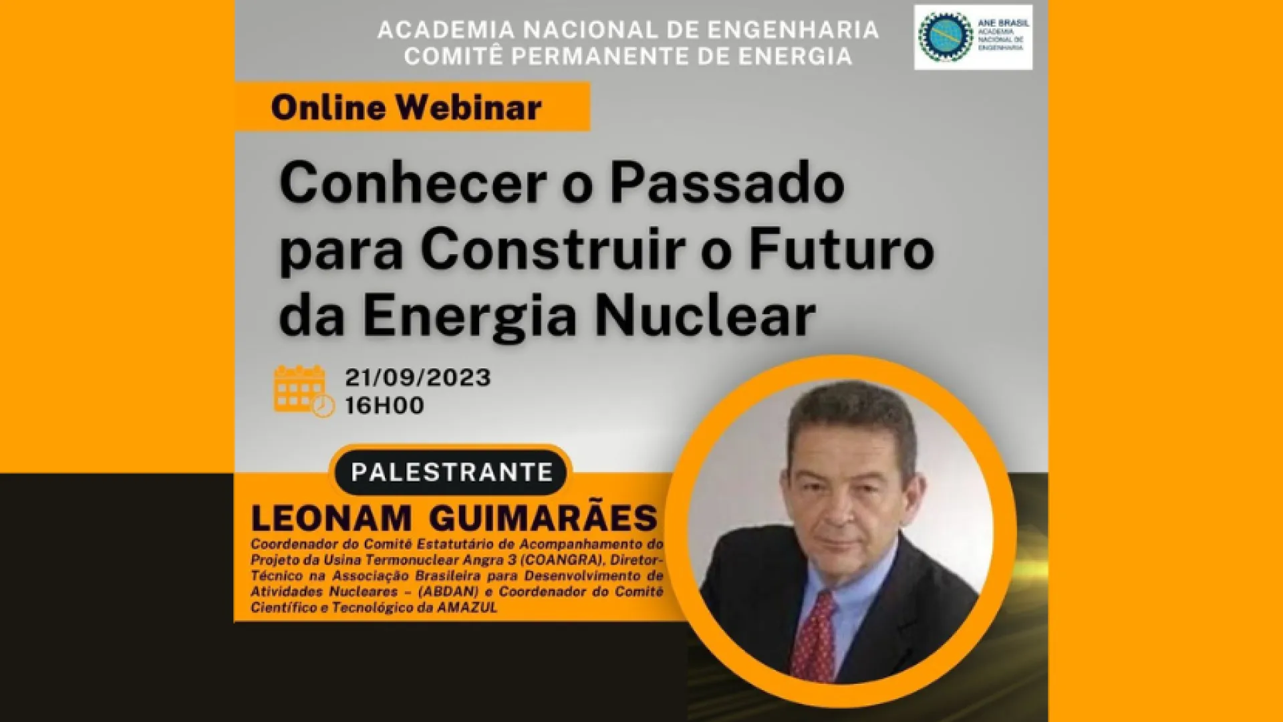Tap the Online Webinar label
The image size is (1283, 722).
coord(406,108)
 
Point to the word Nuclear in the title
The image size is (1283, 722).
coord(705,315)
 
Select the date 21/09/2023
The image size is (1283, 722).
coord(418,378)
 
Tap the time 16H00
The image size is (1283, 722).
coord(384,406)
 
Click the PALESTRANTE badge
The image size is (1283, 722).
coord(452,472)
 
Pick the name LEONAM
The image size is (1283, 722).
coord(331,519)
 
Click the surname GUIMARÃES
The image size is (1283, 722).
coord(543,517)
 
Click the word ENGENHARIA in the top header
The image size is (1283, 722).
coord(793,30)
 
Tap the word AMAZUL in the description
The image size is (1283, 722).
coord(467,608)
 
